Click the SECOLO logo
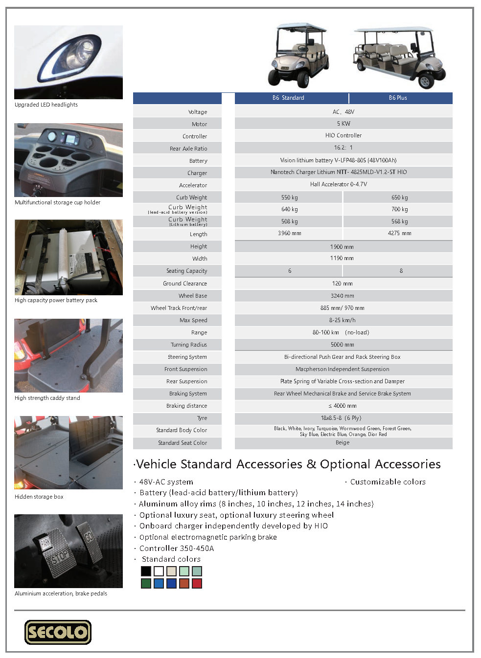tap(58, 632)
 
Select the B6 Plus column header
tap(398, 98)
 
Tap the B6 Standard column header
tap(288, 98)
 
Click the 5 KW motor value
tap(343, 124)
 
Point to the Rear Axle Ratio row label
tap(188, 149)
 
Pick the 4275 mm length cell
tap(399, 234)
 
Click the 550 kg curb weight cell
tap(289, 197)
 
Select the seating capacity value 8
tap(401, 271)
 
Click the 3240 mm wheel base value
tap(342, 296)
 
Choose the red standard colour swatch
tap(197, 583)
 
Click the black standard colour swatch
tap(146, 571)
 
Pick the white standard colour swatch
tap(159, 571)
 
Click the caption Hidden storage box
tap(39, 497)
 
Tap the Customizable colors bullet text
tap(388, 482)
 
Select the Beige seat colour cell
tap(343, 443)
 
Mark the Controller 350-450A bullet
tap(176, 548)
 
